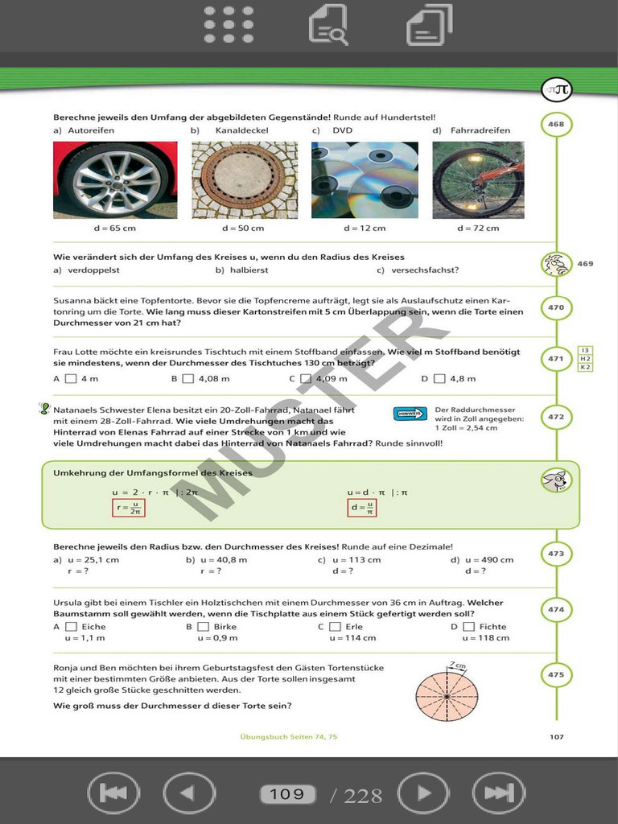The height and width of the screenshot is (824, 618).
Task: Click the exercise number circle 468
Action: point(556,125)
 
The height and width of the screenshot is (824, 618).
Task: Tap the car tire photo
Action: point(115,180)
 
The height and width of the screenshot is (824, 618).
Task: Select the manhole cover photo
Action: point(245,180)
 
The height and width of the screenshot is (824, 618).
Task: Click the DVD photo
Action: point(365,180)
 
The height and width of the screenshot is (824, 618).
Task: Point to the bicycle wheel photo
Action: point(478,180)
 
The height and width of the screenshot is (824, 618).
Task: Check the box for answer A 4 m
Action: point(71,378)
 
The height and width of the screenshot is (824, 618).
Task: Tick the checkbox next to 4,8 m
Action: point(439,378)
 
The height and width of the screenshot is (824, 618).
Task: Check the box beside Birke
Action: point(203,627)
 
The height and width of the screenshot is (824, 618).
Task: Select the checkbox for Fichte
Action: point(468,627)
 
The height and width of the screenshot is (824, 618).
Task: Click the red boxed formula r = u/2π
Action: point(129,508)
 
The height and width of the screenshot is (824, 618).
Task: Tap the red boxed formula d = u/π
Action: point(364,508)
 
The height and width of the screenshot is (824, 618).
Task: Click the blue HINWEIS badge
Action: point(410,414)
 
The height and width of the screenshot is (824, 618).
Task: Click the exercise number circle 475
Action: point(556,674)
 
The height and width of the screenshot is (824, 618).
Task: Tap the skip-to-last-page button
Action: point(499,794)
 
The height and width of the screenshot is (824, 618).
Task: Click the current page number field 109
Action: point(287,794)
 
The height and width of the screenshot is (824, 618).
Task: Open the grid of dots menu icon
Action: point(229,24)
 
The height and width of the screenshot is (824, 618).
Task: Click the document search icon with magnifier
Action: point(328,24)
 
